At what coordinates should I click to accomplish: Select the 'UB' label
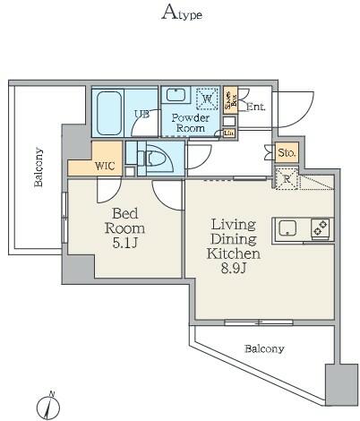click(x=141, y=114)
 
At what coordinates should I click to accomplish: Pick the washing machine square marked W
click(x=206, y=98)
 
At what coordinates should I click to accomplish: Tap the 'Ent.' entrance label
click(x=256, y=107)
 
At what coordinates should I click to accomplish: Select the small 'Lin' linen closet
click(x=229, y=133)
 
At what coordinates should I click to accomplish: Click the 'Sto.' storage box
click(x=287, y=153)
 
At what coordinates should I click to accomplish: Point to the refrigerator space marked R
click(x=286, y=178)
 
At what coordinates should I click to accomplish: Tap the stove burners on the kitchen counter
click(x=319, y=228)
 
